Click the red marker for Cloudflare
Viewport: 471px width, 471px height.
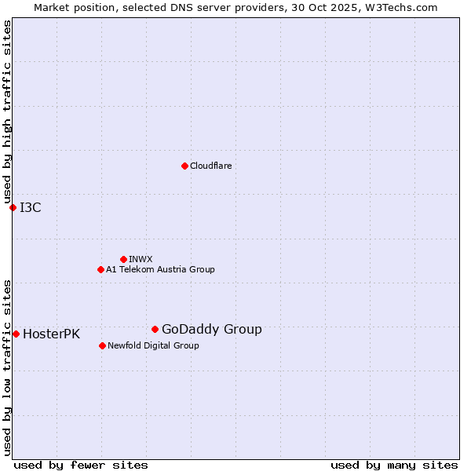point(184,166)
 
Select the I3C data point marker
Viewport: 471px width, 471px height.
point(13,207)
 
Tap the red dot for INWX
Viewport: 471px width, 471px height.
point(123,259)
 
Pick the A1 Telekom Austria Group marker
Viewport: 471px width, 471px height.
point(100,269)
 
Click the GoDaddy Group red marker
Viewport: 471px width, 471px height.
point(155,329)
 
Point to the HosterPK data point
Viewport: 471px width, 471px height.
point(16,334)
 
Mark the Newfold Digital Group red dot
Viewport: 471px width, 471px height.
point(102,345)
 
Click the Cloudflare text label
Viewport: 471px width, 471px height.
point(210,166)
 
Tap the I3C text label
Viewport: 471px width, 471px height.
point(31,208)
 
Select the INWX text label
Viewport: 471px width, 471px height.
point(141,260)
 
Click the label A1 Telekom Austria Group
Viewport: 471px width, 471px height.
point(160,270)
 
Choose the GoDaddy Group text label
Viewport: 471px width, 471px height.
point(211,330)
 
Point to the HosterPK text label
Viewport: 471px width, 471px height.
point(51,334)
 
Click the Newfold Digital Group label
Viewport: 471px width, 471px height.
point(153,346)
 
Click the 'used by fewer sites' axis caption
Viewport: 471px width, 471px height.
point(81,465)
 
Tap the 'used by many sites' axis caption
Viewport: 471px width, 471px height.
point(394,465)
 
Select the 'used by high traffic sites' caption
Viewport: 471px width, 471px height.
point(8,112)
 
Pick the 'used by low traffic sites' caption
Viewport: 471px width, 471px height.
point(8,367)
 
